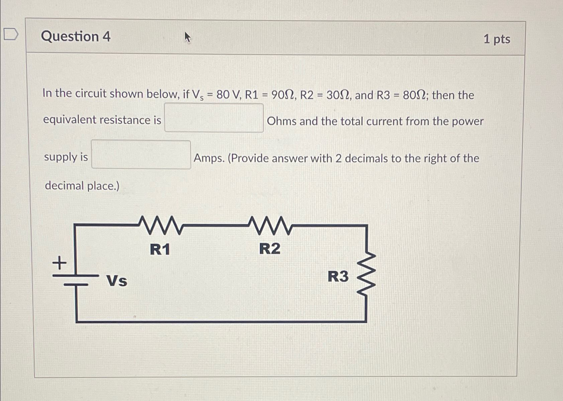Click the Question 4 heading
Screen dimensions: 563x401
(76, 36)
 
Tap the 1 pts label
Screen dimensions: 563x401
(496, 39)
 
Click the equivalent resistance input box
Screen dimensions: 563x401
(214, 118)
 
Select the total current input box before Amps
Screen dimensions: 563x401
(141, 155)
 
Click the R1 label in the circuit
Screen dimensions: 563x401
(160, 249)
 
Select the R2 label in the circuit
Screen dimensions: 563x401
(270, 248)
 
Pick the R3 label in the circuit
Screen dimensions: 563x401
(338, 276)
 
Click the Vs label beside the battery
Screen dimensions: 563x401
(117, 281)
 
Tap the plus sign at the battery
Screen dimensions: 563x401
(59, 263)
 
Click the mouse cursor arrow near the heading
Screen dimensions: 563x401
(188, 37)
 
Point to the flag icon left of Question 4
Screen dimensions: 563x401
(11, 34)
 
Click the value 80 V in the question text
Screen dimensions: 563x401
(228, 95)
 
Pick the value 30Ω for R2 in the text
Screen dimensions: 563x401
(338, 95)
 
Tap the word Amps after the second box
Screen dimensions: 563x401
(209, 158)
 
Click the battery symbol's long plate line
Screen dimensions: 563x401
(76, 276)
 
